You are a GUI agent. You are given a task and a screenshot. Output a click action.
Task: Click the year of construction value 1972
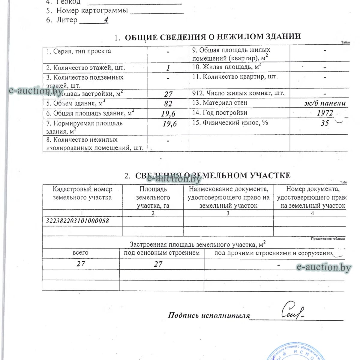click(325, 113)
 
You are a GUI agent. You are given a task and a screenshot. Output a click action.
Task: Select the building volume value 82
click(168, 104)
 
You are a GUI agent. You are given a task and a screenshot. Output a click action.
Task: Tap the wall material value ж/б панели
click(325, 103)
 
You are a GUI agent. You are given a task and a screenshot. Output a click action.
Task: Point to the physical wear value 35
click(325, 123)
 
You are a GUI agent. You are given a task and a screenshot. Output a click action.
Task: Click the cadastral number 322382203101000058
click(77, 221)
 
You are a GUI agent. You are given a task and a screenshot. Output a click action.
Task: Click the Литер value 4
click(106, 20)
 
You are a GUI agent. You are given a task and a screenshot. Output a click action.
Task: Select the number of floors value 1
click(168, 68)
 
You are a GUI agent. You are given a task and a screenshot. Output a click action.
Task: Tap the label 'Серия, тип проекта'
click(78, 51)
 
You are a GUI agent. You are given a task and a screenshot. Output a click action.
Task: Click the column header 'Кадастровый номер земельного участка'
click(82, 193)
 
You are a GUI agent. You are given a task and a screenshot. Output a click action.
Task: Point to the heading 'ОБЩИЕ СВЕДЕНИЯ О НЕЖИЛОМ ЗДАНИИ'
click(213, 37)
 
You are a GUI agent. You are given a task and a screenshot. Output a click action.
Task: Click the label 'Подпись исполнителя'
click(209, 315)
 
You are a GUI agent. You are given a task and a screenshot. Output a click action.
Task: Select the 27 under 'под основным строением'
click(158, 264)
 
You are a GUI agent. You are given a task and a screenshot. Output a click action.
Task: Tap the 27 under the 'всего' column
click(81, 264)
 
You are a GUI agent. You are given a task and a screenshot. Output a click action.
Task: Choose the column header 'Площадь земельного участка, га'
click(153, 197)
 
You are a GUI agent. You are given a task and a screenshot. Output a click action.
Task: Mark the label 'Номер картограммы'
click(92, 11)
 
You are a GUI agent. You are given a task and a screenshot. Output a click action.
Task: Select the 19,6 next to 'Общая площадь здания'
click(169, 114)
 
